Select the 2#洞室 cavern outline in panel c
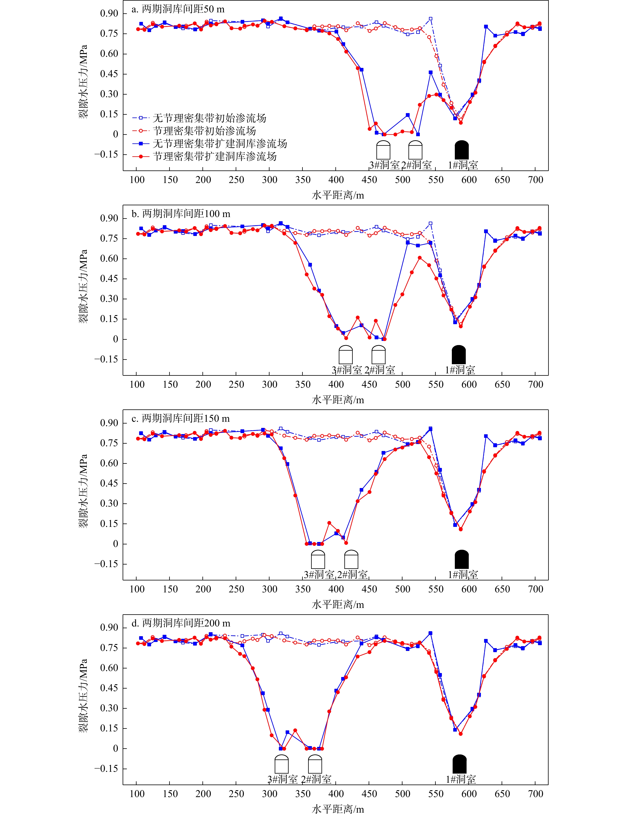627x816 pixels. tap(351, 559)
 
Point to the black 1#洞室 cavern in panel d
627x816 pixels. tap(459, 764)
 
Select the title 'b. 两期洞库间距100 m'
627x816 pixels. tap(181, 214)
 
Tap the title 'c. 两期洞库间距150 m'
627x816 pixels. tap(181, 418)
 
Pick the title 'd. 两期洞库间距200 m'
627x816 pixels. tap(181, 623)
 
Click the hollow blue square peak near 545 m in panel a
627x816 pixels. tap(431, 19)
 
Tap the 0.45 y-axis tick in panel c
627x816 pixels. tap(109, 483)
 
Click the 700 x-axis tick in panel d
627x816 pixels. tap(536, 794)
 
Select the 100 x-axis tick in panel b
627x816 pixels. tap(137, 385)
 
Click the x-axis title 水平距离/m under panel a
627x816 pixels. tap(338, 195)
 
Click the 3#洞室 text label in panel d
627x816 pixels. tap(282, 779)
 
